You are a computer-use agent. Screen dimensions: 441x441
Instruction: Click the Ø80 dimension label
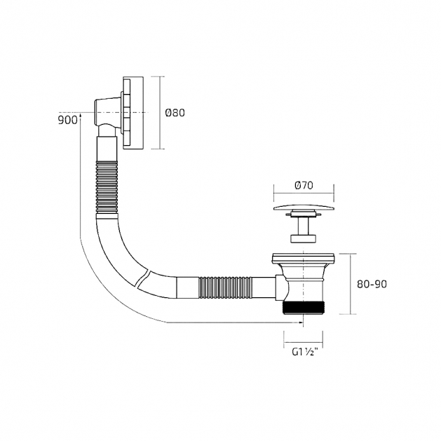click(175, 113)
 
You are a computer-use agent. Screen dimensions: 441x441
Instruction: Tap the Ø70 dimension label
click(304, 186)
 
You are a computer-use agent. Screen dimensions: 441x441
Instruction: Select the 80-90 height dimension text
click(372, 285)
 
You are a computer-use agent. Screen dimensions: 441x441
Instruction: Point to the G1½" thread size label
click(304, 351)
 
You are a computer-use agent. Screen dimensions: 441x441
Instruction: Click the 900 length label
click(67, 120)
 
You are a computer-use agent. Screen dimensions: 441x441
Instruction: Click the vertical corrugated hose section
click(107, 187)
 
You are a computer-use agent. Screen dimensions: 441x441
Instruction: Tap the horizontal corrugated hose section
click(226, 287)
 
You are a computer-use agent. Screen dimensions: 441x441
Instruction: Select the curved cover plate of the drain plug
click(304, 208)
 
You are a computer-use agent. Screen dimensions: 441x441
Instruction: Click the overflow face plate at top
click(133, 112)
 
